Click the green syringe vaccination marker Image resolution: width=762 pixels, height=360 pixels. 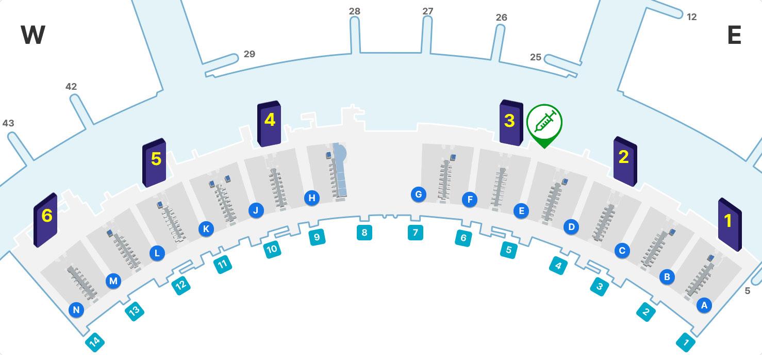[x=544, y=123]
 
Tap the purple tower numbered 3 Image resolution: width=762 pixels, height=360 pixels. [x=511, y=123]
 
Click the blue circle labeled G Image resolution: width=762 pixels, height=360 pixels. [x=419, y=194]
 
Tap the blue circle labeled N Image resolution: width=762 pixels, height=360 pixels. [x=76, y=310]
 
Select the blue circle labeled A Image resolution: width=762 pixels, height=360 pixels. [x=704, y=305]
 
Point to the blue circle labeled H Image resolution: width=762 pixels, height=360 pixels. [x=311, y=198]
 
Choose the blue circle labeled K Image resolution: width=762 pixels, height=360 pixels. [x=206, y=229]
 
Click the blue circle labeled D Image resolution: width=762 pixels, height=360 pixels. [x=571, y=226]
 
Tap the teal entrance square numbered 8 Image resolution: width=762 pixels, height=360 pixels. [x=365, y=232]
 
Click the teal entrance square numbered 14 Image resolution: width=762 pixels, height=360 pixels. [x=95, y=341]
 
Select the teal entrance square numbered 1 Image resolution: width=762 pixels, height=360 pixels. [x=686, y=341]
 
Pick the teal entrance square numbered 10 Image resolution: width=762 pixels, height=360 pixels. [x=272, y=250]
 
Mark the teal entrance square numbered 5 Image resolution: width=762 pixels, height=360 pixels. [x=509, y=250]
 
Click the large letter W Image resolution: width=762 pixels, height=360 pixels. [x=33, y=36]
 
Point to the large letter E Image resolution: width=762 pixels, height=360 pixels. [x=734, y=36]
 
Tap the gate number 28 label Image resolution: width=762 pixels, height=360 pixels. [x=355, y=11]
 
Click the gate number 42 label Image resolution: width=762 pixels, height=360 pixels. [x=71, y=87]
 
